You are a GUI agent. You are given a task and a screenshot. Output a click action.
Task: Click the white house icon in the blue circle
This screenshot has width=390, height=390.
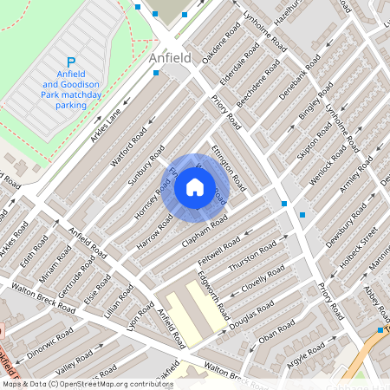click(x=195, y=187)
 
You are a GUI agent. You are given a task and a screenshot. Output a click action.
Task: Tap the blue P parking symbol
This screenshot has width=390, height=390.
click(x=71, y=62)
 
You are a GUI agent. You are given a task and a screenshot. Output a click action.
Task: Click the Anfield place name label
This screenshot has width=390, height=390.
click(x=170, y=58)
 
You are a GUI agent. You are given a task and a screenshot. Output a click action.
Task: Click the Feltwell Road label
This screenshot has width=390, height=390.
click(x=218, y=252)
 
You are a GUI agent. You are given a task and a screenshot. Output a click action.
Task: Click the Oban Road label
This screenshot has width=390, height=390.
click(x=276, y=335)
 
